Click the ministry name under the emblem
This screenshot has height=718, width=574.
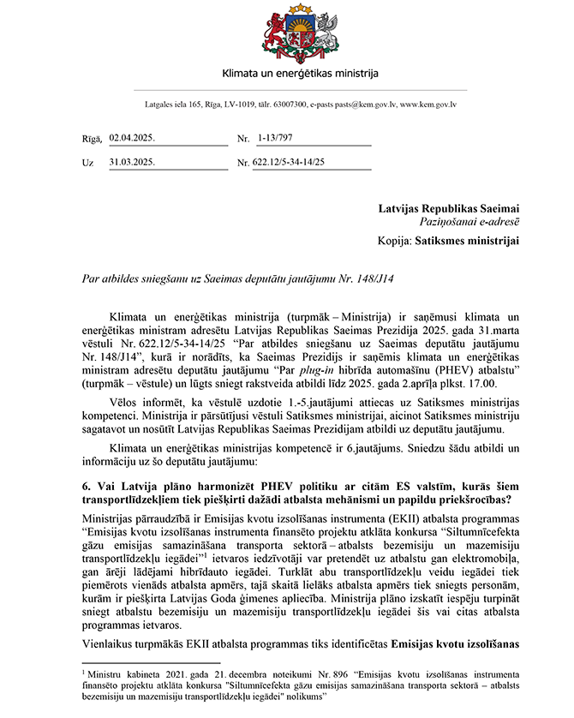click(x=287, y=75)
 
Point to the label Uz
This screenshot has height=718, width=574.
click(x=87, y=162)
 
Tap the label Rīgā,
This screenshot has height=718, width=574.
click(x=93, y=138)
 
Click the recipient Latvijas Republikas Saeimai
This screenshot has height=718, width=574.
click(x=449, y=208)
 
